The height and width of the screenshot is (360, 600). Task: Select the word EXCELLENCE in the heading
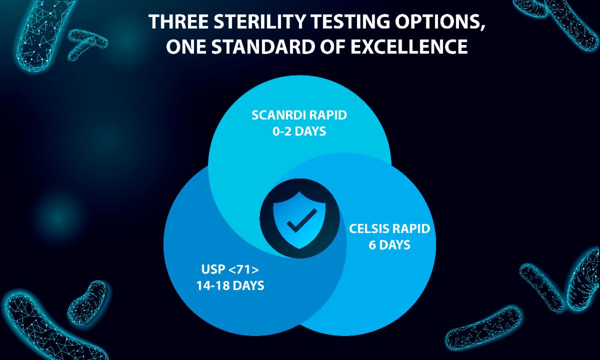[409, 46]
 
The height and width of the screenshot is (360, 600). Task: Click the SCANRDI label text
[279, 115]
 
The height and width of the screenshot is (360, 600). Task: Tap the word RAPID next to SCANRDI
[328, 115]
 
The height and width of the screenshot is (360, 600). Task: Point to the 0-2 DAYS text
[299, 131]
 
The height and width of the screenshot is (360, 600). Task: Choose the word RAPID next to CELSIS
[410, 229]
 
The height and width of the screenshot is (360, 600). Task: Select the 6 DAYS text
[389, 245]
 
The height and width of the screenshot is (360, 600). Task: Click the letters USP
[213, 269]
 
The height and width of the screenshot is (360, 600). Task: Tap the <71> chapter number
[244, 269]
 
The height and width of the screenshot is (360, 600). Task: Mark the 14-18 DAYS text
[230, 285]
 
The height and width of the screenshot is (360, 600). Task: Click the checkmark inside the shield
[301, 220]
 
